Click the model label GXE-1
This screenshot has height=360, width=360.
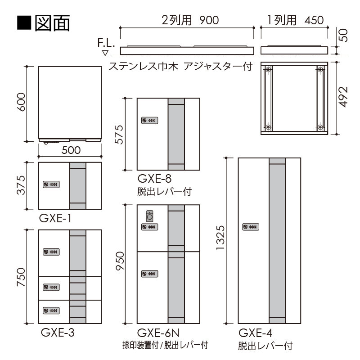(x=56, y=219)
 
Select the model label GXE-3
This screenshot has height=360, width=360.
(x=58, y=333)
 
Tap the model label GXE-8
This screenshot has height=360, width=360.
(x=154, y=179)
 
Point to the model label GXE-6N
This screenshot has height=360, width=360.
(x=158, y=333)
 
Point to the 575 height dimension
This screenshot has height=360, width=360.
(x=119, y=134)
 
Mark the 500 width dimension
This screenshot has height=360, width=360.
(x=70, y=150)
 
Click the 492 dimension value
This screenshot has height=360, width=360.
(x=344, y=96)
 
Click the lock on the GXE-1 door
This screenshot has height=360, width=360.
(x=51, y=184)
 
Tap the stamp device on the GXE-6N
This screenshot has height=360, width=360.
(x=149, y=216)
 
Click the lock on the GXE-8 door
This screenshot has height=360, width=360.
(x=149, y=120)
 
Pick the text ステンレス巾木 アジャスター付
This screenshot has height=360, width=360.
(x=180, y=67)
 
